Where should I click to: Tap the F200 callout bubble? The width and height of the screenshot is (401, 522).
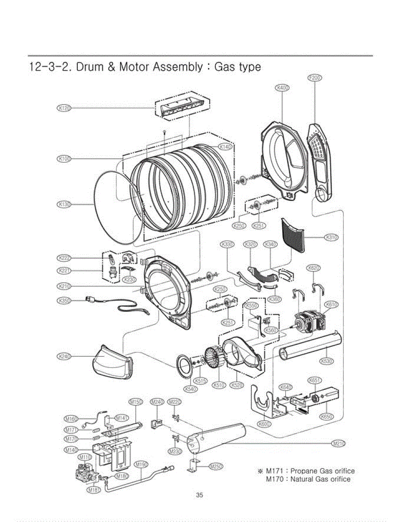tap(314, 78)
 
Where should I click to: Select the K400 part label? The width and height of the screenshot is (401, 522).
tap(282, 88)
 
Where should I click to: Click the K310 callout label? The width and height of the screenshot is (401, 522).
tap(332, 238)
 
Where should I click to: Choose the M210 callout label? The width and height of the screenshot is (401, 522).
tap(338, 444)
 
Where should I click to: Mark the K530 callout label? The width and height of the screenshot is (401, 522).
tap(327, 361)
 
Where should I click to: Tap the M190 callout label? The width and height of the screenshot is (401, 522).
tap(141, 464)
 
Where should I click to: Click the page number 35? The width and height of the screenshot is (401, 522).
tap(200, 495)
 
